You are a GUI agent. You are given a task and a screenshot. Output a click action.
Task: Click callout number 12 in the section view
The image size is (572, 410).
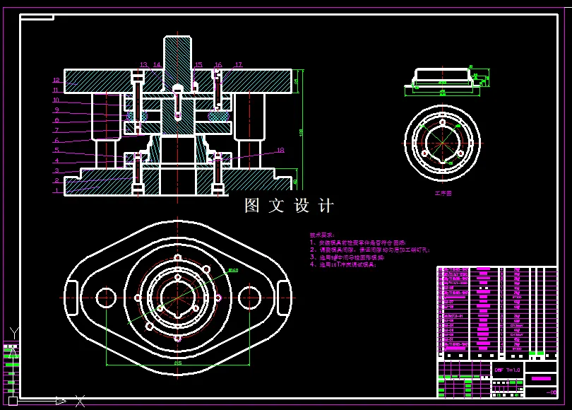(56, 80)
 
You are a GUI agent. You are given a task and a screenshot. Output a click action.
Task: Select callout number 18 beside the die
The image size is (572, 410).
(280, 150)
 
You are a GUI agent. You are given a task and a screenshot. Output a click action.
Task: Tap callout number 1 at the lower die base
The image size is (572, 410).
(56, 190)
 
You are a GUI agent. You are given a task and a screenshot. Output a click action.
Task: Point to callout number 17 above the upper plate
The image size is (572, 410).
(239, 65)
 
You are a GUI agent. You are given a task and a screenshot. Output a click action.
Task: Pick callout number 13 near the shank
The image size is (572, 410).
(143, 65)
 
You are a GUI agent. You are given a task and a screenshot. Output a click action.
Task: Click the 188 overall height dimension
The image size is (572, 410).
(302, 132)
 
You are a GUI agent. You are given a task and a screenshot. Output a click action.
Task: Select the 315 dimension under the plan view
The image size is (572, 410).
(177, 362)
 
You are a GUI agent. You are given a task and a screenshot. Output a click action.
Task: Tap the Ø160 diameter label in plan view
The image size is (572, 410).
(232, 270)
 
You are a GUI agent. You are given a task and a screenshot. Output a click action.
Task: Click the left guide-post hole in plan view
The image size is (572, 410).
(106, 298)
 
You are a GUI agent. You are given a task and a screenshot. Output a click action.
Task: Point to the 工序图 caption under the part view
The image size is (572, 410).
(443, 192)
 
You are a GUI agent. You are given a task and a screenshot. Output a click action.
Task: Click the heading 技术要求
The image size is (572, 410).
(323, 235)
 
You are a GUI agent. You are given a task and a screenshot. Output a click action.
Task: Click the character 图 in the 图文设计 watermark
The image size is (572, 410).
(253, 206)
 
